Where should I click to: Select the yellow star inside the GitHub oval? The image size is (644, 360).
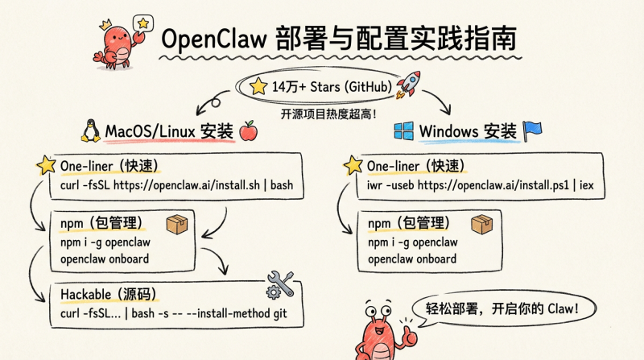[258, 86]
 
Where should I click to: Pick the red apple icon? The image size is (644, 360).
[248, 130]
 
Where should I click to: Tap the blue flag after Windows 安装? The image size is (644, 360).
[533, 130]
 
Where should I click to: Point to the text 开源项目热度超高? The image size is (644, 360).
[328, 113]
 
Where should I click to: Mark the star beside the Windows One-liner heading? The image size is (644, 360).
[353, 166]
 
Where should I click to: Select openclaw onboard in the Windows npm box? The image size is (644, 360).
[412, 259]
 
